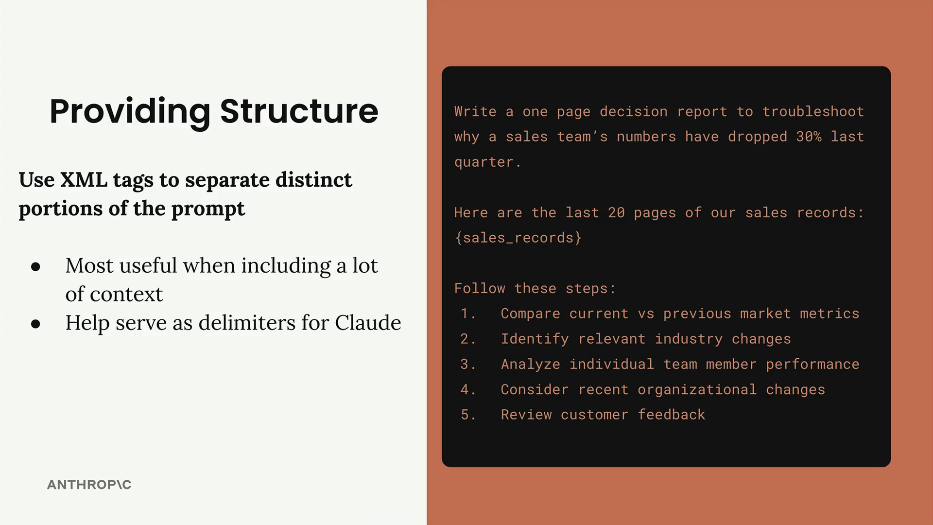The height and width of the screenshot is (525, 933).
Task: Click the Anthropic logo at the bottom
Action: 89,485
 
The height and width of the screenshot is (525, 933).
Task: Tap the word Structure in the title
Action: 299,111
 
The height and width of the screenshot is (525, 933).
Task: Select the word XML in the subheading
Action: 84,180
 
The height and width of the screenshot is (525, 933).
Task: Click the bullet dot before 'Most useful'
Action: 35,266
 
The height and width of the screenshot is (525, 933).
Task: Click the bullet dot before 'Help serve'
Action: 35,324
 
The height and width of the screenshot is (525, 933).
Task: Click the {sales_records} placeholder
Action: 518,238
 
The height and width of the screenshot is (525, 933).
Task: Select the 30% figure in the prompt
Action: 809,137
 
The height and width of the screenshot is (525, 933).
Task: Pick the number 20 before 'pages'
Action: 616,212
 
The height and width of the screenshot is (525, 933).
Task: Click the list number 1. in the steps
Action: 467,314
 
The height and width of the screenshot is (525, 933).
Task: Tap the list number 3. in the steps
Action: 467,364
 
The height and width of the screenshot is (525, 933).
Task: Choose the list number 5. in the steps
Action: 467,415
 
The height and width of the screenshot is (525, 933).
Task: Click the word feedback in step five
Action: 671,415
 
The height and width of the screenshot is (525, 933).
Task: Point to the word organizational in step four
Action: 697,390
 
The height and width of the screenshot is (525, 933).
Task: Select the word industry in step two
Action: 689,339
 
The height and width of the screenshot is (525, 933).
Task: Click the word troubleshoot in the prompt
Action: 813,111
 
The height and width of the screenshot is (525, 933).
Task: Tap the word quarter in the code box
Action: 484,162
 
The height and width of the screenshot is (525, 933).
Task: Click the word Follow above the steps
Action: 480,288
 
